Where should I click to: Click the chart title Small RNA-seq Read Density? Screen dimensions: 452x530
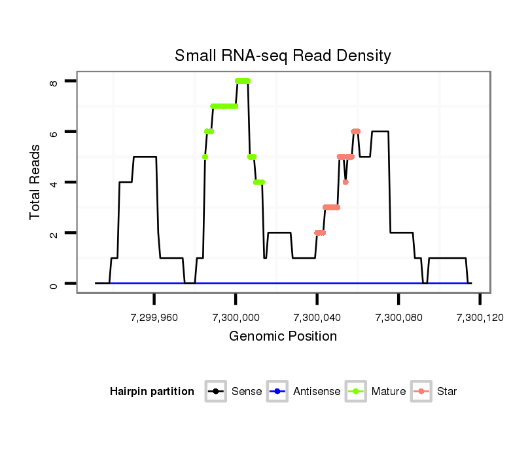tap(283, 56)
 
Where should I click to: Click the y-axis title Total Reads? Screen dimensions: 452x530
tap(37, 182)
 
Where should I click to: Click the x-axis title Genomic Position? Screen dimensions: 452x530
tap(283, 337)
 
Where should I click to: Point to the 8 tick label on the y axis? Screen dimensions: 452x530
tap(54, 81)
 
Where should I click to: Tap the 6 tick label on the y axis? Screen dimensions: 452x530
tap(54, 132)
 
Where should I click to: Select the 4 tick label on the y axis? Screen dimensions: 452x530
tap(54, 182)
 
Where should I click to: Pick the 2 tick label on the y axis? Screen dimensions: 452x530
tap(54, 233)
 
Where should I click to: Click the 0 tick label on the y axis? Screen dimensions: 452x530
tap(54, 284)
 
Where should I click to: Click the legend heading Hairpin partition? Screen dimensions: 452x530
tap(152, 392)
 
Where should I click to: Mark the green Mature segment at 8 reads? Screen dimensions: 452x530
tap(243, 81)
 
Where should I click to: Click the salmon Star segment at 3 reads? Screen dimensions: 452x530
tap(331, 207)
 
